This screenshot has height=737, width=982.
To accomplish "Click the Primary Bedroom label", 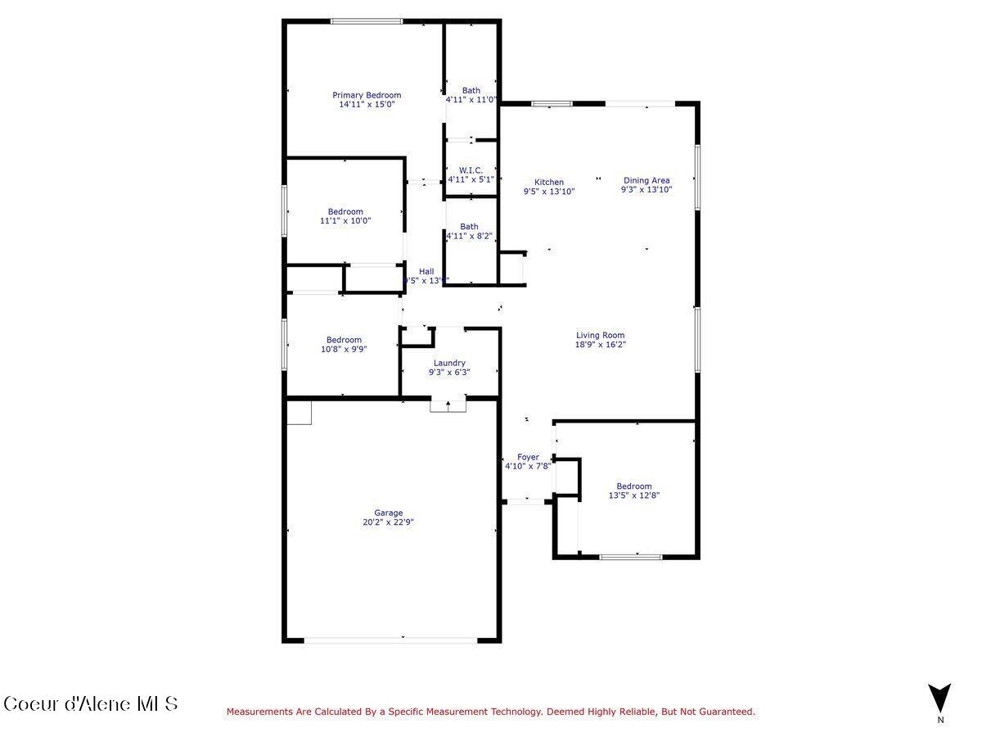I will point(367,95).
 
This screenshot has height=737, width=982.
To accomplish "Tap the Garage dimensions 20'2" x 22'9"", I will point(389,522).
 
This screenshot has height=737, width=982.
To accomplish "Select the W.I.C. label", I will point(471,170).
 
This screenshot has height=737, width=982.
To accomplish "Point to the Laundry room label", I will point(449,363).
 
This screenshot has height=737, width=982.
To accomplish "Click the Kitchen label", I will point(549,182).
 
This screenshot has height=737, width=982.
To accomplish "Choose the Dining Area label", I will point(646,181).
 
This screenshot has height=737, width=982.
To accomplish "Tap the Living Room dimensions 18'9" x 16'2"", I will point(600,345).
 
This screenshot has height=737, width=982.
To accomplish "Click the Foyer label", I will point(528,457).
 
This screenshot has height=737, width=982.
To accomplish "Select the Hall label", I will point(426,271).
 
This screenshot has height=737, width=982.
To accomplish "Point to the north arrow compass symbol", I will point(939,698).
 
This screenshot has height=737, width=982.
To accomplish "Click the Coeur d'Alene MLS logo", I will point(90,703).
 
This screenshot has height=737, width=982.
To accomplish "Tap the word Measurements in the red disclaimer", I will point(256,712).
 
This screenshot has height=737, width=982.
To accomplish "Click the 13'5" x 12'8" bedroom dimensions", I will point(634,495).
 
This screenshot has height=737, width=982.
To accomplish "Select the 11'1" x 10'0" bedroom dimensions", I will point(345,221).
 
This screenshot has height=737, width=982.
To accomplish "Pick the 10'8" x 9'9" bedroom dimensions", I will point(344,349).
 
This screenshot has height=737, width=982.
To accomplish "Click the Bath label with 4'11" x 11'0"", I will point(471,90).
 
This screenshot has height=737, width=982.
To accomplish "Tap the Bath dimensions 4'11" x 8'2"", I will point(470,237).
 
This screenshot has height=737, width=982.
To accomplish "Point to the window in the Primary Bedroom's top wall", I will point(366,21).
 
